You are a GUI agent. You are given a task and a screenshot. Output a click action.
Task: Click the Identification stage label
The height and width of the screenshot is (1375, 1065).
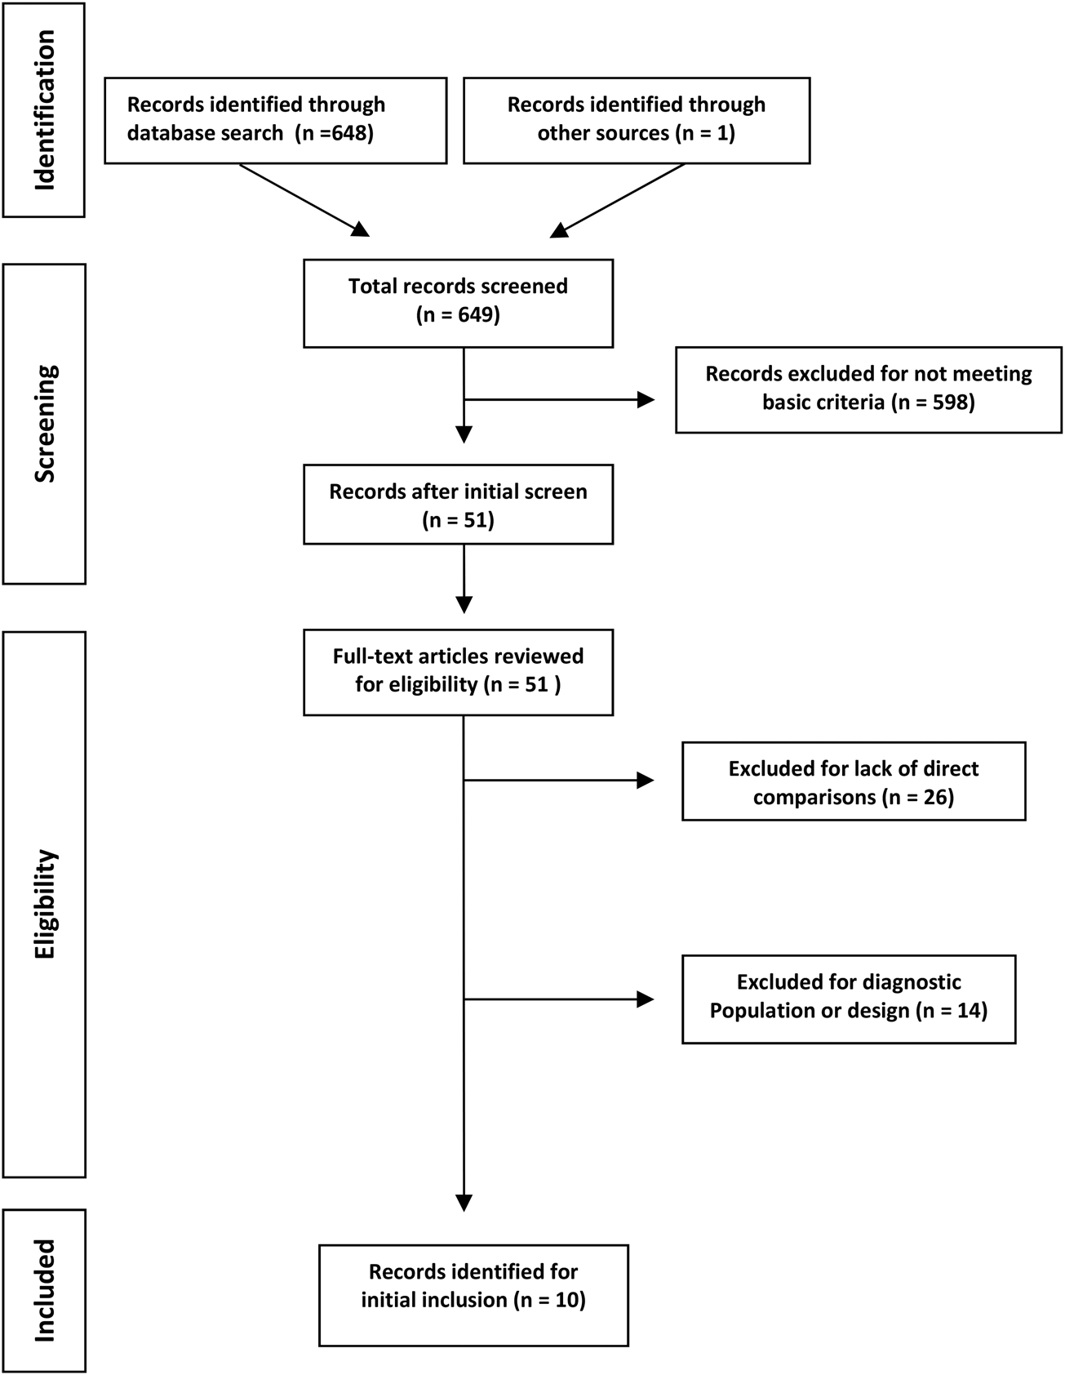click(x=45, y=110)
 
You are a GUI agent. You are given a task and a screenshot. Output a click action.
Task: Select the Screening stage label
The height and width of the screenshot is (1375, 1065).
click(x=45, y=424)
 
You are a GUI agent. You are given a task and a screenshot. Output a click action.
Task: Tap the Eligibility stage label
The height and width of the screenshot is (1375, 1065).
click(x=45, y=904)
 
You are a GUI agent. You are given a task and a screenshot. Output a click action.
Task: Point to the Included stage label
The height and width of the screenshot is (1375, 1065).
click(x=45, y=1291)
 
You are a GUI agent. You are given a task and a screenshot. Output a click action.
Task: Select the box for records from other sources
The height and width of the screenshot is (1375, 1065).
click(x=637, y=121)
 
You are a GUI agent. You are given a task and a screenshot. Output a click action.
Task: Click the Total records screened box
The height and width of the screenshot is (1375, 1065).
click(x=458, y=304)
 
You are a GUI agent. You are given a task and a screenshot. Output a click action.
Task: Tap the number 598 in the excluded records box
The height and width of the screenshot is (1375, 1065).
click(x=949, y=403)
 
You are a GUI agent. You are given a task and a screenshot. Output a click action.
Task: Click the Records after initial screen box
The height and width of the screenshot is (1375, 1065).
click(x=458, y=505)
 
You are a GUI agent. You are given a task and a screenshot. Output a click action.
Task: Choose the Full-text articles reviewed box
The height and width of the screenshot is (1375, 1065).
click(x=458, y=672)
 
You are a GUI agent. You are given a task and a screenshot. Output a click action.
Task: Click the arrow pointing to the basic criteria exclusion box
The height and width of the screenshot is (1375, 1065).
click(x=559, y=400)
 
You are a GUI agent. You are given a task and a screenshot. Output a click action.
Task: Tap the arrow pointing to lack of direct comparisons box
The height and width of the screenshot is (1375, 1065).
click(x=559, y=781)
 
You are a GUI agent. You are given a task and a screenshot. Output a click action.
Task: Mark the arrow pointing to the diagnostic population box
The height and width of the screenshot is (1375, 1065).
click(x=559, y=999)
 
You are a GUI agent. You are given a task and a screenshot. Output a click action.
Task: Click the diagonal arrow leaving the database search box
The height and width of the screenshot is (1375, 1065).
click(x=304, y=201)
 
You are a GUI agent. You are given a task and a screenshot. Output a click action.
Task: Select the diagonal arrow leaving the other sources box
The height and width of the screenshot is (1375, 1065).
click(x=618, y=201)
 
